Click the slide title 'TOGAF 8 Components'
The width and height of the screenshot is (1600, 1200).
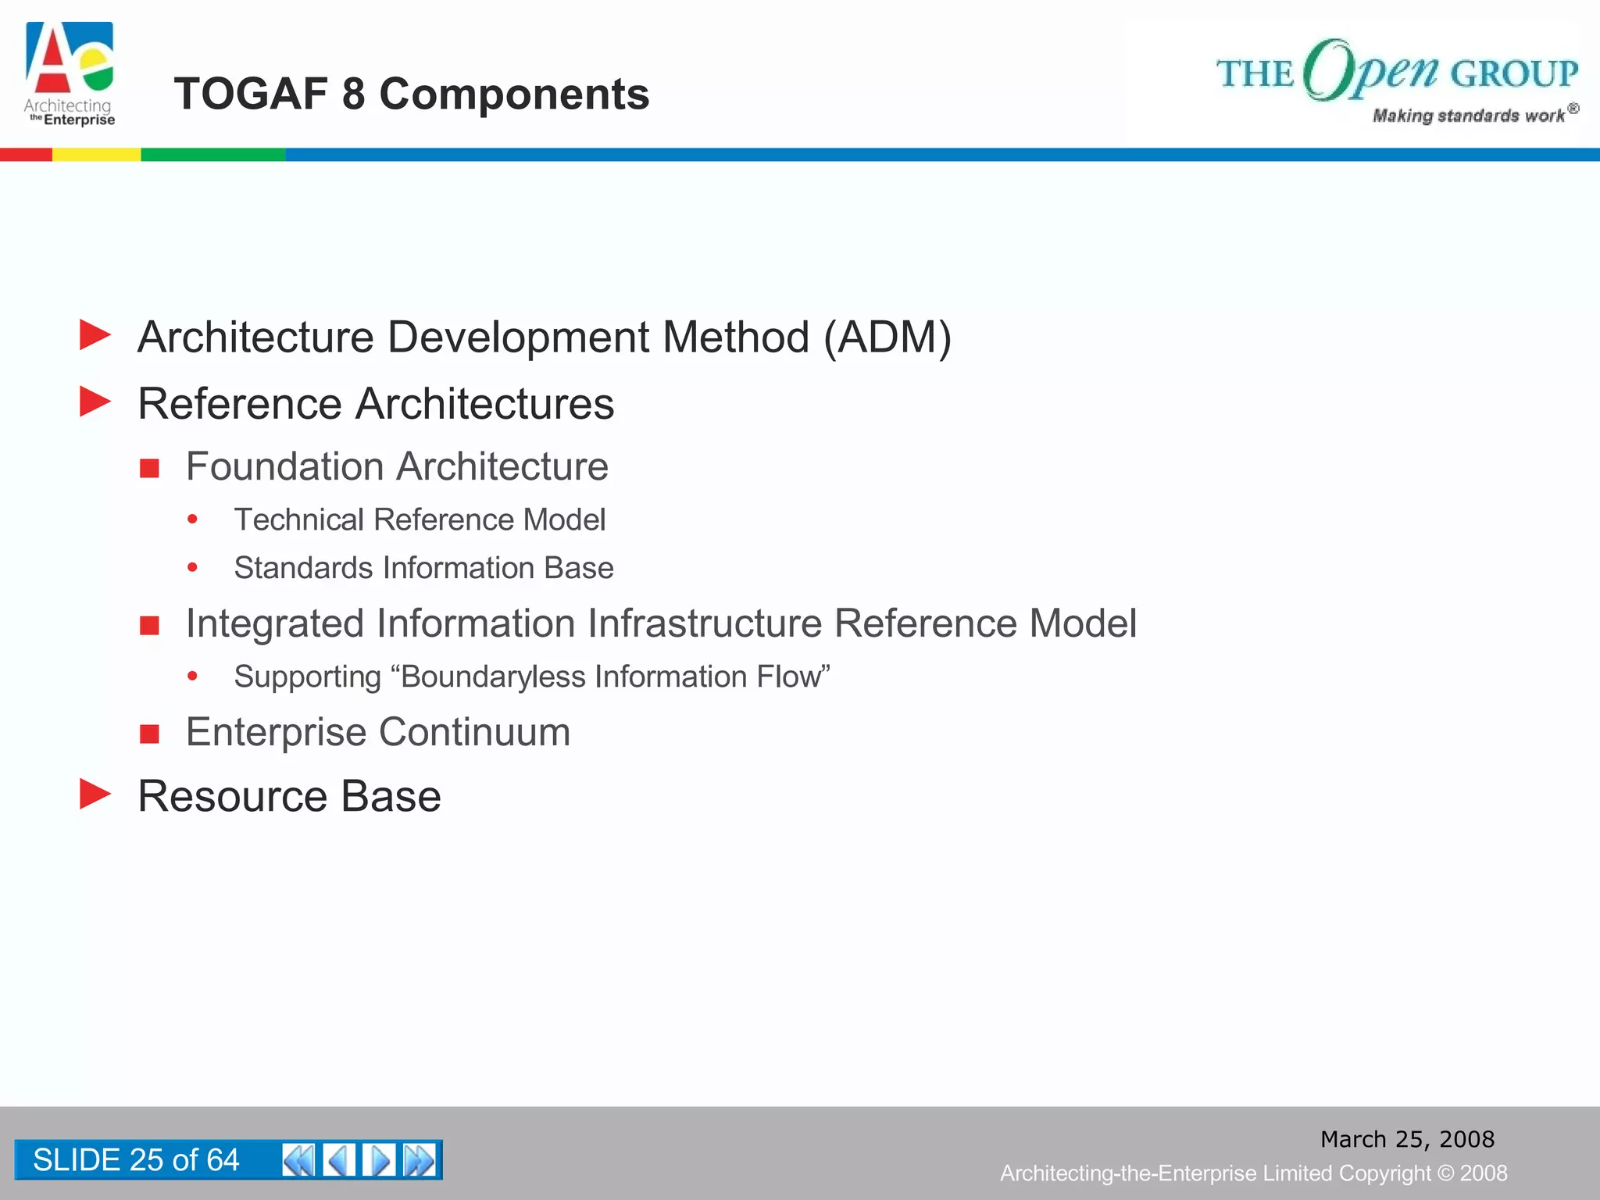pyautogui.click(x=411, y=94)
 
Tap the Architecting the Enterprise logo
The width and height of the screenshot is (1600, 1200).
pyautogui.click(x=70, y=74)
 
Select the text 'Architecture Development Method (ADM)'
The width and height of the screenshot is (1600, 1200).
pyautogui.click(x=545, y=337)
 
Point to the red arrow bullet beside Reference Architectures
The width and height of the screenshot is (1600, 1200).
pyautogui.click(x=95, y=402)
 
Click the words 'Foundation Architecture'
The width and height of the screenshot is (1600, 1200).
pyautogui.click(x=397, y=466)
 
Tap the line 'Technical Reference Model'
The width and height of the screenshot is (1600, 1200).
pyautogui.click(x=420, y=520)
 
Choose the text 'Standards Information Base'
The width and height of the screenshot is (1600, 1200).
pyautogui.click(x=423, y=568)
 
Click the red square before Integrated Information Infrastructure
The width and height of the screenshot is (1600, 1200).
pyautogui.click(x=149, y=625)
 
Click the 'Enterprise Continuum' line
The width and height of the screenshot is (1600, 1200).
pyautogui.click(x=378, y=732)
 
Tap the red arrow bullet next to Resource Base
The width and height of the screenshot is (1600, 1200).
pyautogui.click(x=95, y=795)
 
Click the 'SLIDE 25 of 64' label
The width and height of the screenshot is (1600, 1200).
pyautogui.click(x=136, y=1160)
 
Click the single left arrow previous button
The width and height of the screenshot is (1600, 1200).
pyautogui.click(x=339, y=1160)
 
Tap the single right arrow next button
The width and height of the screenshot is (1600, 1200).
pyautogui.click(x=380, y=1160)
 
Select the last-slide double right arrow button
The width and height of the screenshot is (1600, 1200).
pyautogui.click(x=420, y=1160)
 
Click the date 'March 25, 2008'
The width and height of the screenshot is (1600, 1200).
pyautogui.click(x=1407, y=1139)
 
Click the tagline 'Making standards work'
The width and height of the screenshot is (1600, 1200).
pyautogui.click(x=1469, y=116)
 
